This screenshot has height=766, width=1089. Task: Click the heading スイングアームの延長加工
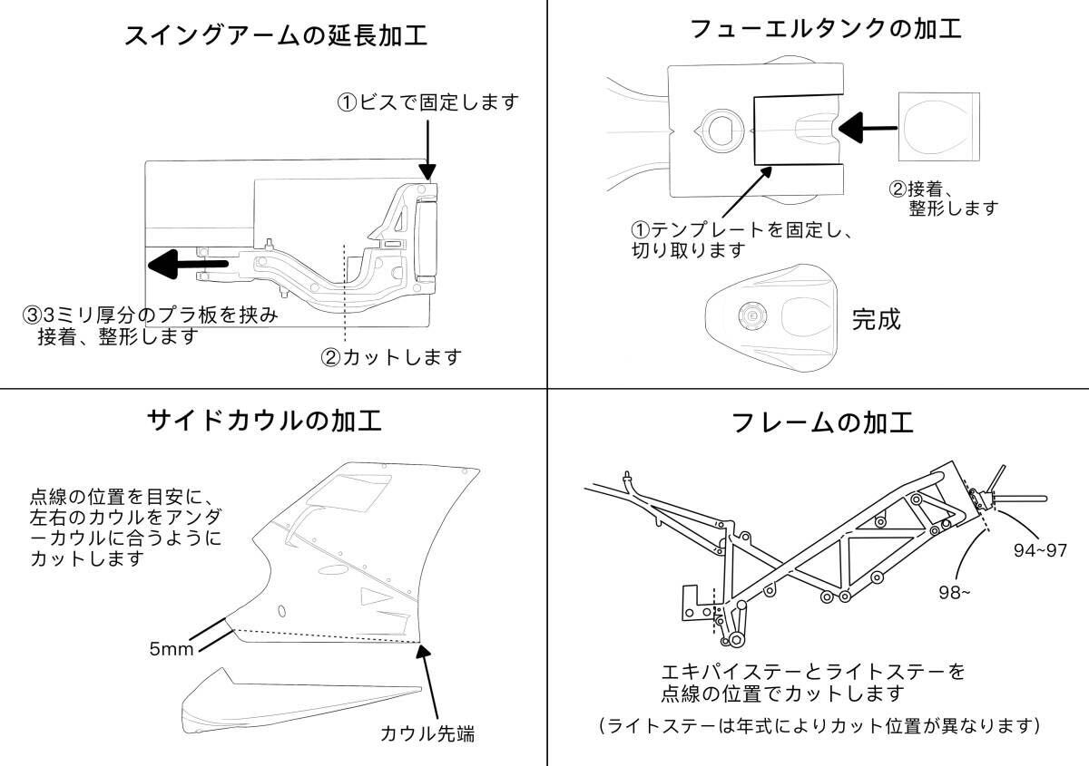[275, 35]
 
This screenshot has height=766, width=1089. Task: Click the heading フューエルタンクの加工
[825, 28]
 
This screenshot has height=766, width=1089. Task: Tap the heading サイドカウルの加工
[264, 421]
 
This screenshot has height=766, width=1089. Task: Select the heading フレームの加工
[822, 422]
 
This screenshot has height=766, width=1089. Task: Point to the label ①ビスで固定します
[428, 102]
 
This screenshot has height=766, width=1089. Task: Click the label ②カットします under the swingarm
[391, 357]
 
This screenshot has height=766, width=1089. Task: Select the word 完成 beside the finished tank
[876, 319]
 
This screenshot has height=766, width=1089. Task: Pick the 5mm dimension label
[170, 649]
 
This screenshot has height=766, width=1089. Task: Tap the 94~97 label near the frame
[1038, 549]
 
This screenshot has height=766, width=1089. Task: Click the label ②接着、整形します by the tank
[944, 199]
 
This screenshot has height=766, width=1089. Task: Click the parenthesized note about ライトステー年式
[819, 726]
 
